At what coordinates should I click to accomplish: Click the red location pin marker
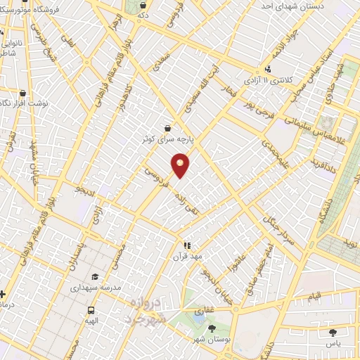[181, 165]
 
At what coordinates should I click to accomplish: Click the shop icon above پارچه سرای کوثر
[167, 128]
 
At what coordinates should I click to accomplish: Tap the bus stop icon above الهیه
[91, 310]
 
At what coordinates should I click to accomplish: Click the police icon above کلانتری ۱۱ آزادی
[268, 70]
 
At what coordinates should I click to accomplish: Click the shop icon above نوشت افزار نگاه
[22, 93]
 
